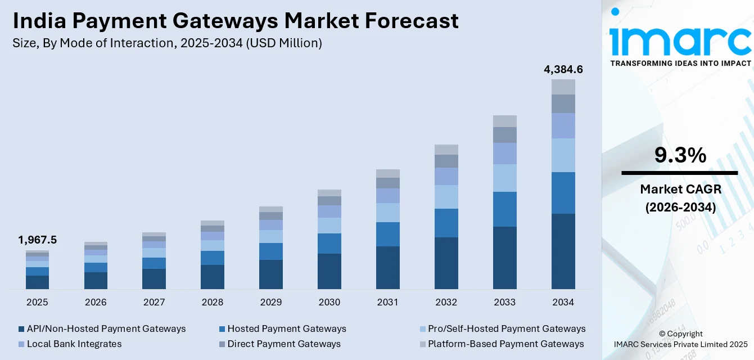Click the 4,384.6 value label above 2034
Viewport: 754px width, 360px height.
[563, 70]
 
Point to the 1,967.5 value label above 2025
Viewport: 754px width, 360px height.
[38, 240]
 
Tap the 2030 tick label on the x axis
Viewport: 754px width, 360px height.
[329, 302]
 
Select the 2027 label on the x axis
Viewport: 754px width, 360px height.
[154, 302]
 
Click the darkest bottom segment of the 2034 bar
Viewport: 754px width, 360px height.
[563, 251]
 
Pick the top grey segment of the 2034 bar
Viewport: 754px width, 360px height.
[563, 87]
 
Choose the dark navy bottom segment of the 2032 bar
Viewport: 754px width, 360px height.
[446, 263]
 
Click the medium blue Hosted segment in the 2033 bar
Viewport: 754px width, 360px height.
[504, 209]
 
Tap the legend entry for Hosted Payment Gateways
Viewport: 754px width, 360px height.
[287, 328]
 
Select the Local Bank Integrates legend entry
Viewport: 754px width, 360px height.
[74, 344]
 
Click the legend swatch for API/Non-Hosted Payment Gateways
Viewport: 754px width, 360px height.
[22, 328]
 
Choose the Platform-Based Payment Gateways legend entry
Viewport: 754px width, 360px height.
[505, 344]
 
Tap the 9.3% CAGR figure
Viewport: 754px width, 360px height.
[680, 155]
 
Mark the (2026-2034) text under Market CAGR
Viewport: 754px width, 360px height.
[680, 207]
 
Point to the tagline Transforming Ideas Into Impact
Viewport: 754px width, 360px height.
[680, 63]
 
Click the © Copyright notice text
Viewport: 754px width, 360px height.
[680, 334]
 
